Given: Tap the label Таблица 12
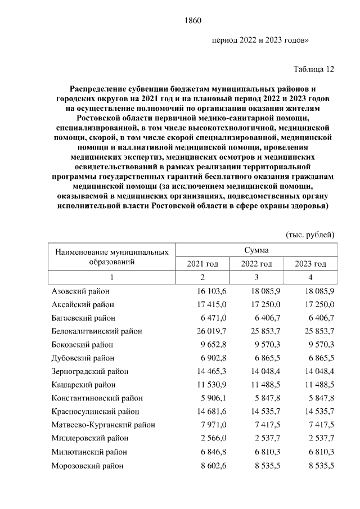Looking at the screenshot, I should point(314,69).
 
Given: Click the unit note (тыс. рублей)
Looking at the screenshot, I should point(310,233).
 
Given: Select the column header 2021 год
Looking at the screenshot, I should point(202,264).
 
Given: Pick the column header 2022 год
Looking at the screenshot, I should point(256,264).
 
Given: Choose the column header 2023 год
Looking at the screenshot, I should point(310,264).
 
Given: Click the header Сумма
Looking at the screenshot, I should point(256,250).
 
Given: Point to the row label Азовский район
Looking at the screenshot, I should point(80,291).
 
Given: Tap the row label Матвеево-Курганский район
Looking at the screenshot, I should point(103,425).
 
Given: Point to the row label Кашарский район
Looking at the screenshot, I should point(83,385).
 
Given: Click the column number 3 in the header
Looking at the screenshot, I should point(256,277).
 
